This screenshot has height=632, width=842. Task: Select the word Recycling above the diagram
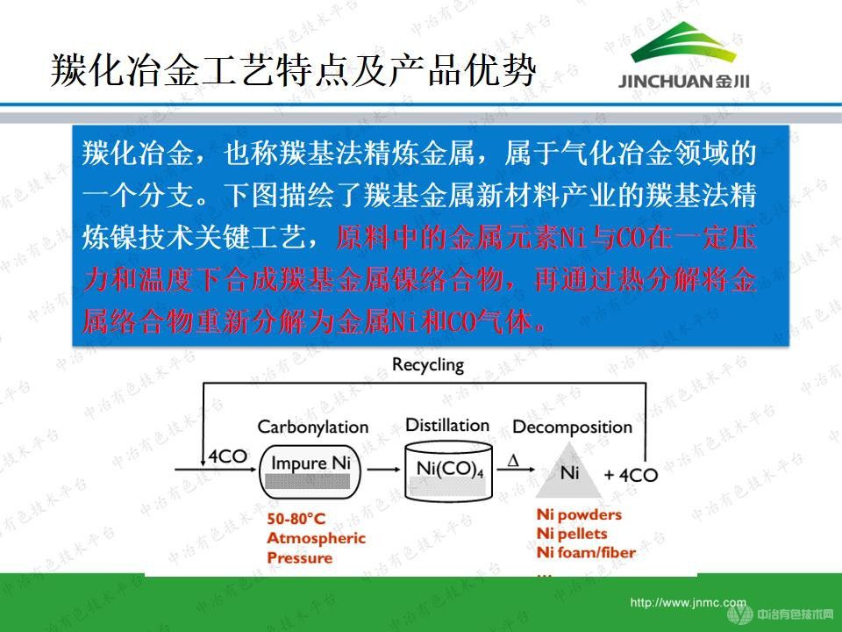click(x=428, y=364)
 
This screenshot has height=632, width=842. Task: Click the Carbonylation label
click(x=312, y=427)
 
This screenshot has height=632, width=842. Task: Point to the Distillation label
click(x=446, y=426)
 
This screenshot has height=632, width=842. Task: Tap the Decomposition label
click(x=572, y=427)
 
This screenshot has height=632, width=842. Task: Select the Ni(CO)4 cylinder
click(x=446, y=471)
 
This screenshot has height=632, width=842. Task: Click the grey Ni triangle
click(x=569, y=474)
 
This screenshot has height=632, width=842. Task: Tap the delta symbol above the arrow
click(x=513, y=458)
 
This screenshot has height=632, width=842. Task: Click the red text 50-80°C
click(x=296, y=520)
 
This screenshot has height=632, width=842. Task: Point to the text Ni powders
click(x=578, y=514)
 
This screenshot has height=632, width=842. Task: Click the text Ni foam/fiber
click(x=585, y=552)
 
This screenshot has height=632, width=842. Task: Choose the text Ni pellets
click(x=572, y=534)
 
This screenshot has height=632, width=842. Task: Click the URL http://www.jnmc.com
click(x=688, y=603)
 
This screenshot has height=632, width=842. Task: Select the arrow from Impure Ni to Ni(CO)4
click(x=382, y=471)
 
